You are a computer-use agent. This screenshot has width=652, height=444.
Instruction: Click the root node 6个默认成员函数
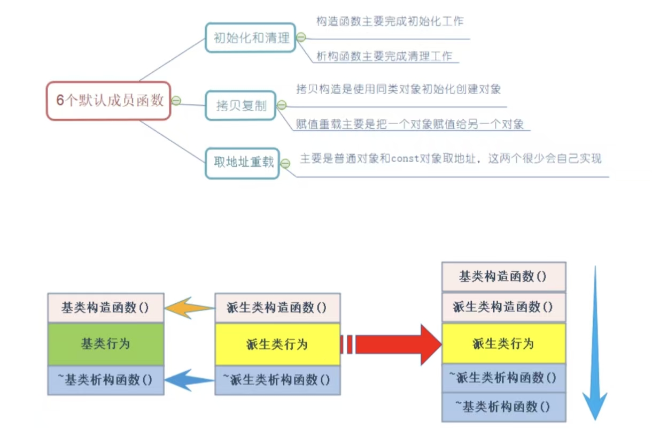[x=108, y=101]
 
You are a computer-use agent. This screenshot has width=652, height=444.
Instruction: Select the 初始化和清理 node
[x=251, y=37]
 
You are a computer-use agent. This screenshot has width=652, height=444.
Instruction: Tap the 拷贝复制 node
[x=241, y=105]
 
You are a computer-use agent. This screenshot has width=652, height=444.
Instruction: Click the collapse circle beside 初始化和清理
[x=301, y=37]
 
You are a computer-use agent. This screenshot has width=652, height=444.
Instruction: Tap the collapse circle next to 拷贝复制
[x=282, y=105]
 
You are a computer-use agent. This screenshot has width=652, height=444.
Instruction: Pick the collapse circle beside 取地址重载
[x=285, y=163]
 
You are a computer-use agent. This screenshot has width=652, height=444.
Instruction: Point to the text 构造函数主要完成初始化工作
[x=390, y=21]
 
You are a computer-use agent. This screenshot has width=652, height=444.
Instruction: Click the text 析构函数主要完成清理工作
[x=384, y=56]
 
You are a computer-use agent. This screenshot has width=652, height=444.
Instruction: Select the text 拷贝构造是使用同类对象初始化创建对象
[x=398, y=89]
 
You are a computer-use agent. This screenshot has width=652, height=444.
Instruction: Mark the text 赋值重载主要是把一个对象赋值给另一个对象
[x=410, y=124]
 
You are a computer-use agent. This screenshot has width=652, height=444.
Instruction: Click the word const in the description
[x=404, y=159]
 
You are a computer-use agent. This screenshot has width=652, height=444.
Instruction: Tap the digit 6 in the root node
[x=60, y=101]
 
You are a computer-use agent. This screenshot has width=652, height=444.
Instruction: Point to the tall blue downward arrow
[x=594, y=342]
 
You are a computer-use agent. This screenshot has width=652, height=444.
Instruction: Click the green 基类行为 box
[x=106, y=344]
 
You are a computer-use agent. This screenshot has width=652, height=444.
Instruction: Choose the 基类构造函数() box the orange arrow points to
[x=106, y=308]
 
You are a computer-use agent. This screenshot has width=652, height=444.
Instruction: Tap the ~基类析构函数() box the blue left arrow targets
[x=106, y=380]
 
